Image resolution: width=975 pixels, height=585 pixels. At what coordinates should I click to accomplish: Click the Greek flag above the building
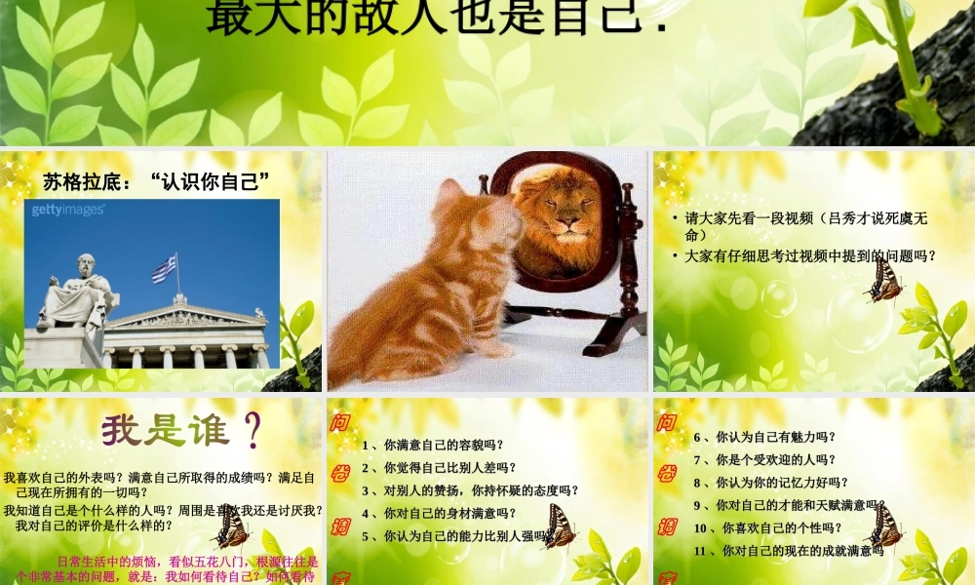(x=164, y=268)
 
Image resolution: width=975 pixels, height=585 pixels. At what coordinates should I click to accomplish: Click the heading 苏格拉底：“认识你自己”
(x=156, y=180)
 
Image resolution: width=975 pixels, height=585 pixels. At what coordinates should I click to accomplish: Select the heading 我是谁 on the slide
(x=180, y=429)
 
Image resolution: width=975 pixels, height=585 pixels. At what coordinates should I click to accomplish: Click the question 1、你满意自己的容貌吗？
(x=432, y=446)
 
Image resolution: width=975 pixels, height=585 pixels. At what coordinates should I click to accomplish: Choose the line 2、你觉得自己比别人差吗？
(x=439, y=468)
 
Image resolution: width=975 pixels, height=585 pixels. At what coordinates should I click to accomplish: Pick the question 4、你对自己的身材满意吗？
(x=439, y=513)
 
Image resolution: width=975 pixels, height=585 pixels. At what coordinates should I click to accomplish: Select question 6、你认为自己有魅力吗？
(x=764, y=437)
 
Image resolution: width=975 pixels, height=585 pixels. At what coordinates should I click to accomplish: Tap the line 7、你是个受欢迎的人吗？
(x=764, y=459)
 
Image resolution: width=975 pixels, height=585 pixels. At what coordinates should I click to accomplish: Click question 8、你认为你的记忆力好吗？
(x=770, y=482)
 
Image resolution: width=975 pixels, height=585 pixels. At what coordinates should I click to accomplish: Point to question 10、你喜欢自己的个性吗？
(x=767, y=528)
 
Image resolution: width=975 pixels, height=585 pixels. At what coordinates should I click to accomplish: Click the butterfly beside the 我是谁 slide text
(x=231, y=527)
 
